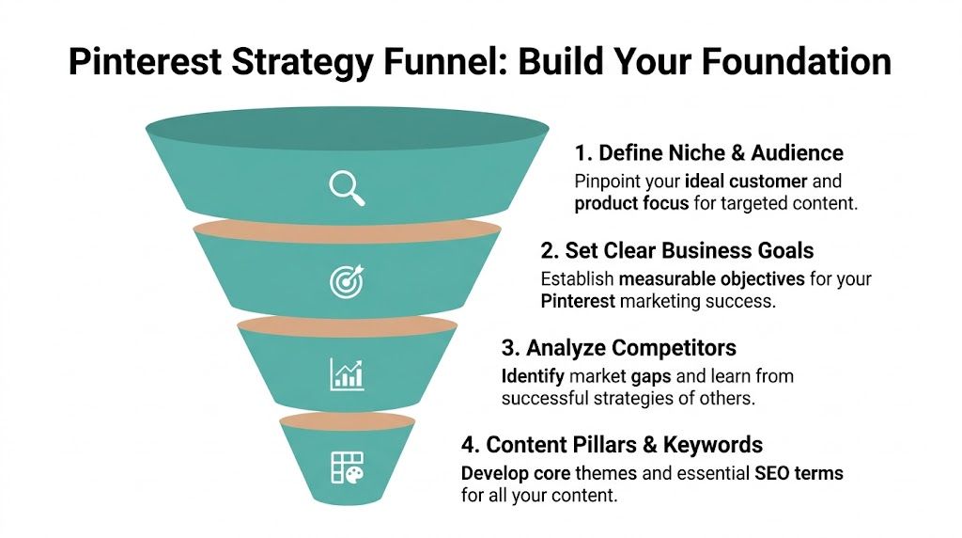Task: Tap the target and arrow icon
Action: point(346,280)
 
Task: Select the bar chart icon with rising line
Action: point(347,372)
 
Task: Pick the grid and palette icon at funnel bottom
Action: point(347,467)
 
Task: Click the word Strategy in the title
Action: point(302,62)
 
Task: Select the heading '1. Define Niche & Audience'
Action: point(708,152)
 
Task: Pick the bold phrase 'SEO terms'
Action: point(799,473)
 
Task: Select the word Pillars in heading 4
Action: point(600,444)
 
